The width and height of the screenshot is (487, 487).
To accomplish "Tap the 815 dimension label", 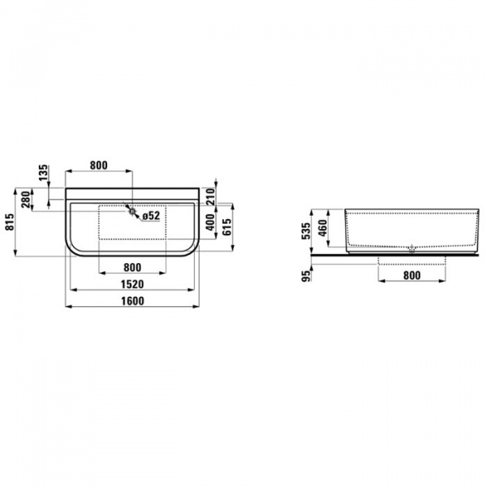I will click(10, 222).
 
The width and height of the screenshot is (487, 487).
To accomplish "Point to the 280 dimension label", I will click(26, 199).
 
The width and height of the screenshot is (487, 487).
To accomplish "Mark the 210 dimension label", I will click(209, 195).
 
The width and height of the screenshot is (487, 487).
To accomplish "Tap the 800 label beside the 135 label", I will click(97, 166).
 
